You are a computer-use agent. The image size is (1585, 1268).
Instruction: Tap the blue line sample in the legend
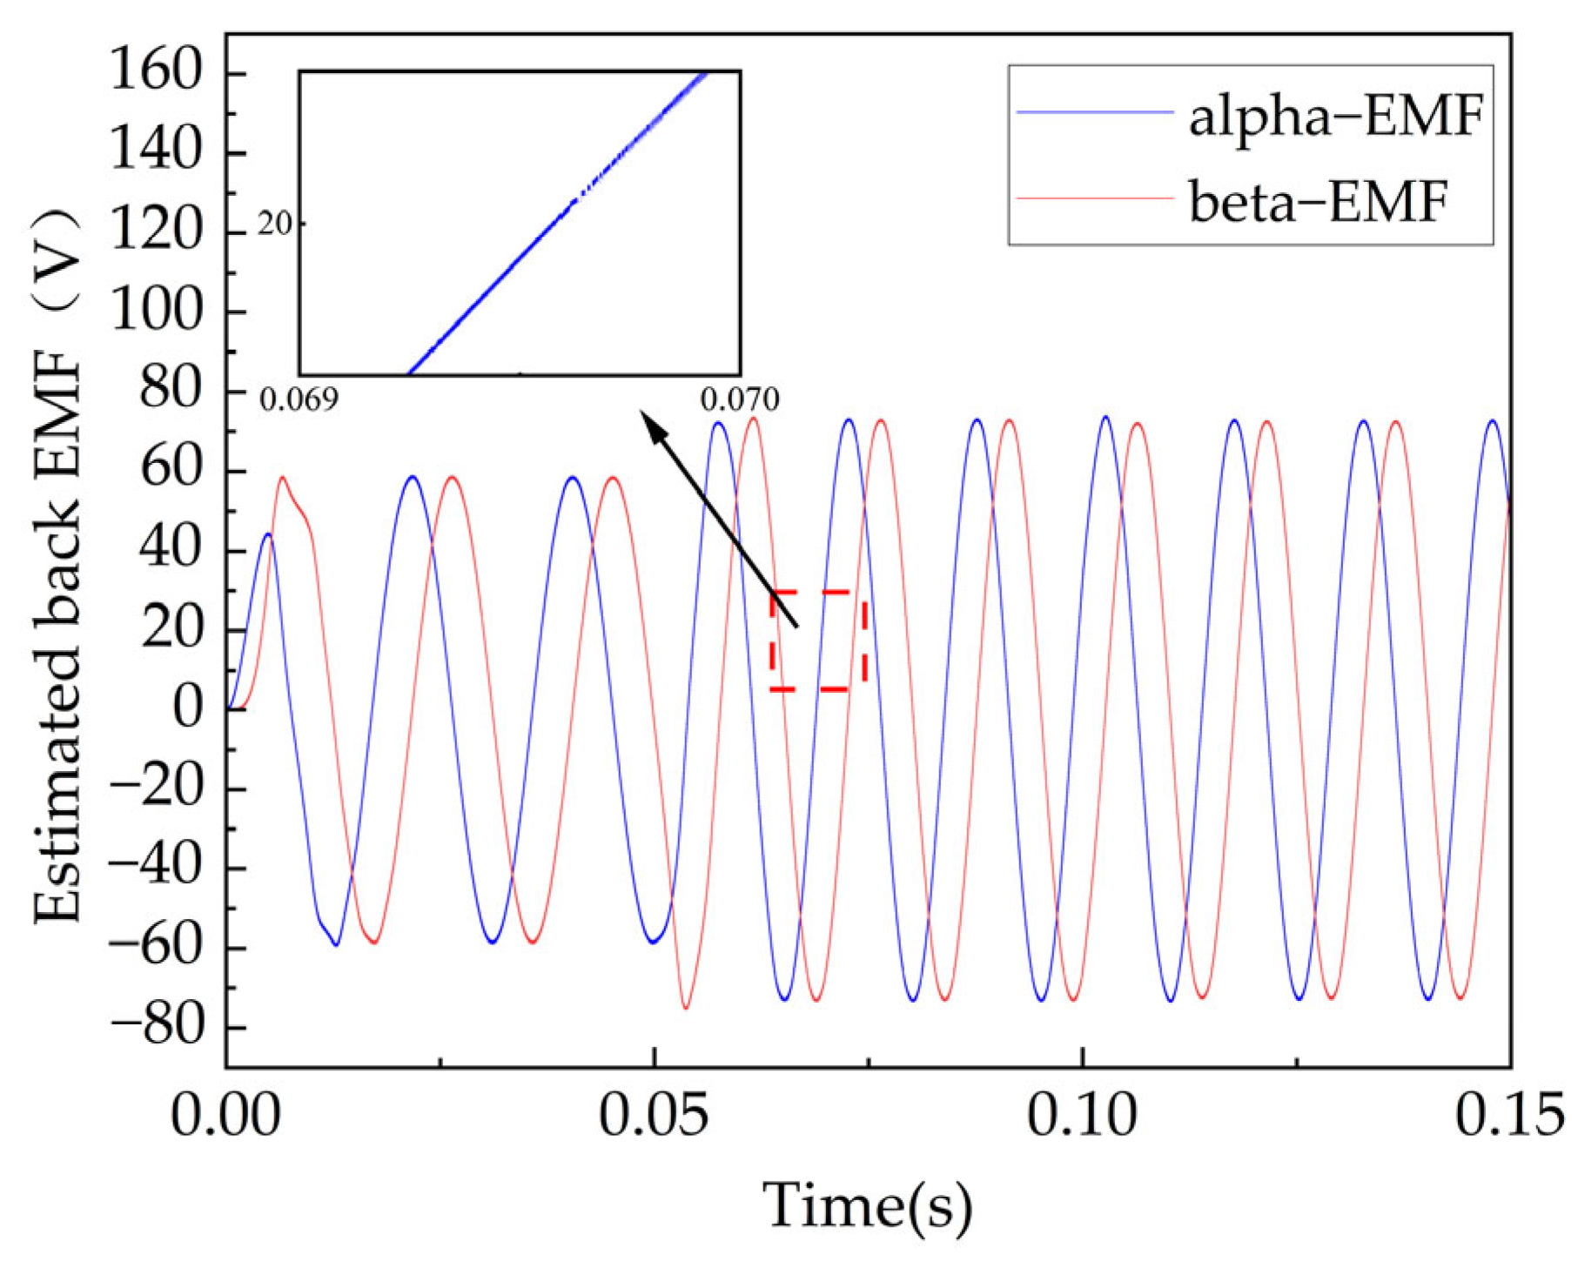[x=1093, y=112]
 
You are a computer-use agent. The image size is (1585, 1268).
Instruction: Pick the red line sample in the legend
[x=1093, y=198]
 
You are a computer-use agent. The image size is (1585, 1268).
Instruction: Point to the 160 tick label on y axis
[x=156, y=71]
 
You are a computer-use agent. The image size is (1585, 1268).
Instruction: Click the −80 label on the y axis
[x=155, y=1028]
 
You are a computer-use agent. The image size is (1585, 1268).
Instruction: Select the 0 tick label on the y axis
[x=187, y=709]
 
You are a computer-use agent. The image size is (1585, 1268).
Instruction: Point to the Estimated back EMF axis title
[x=57, y=566]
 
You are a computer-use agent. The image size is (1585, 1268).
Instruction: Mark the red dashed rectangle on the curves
[x=818, y=641]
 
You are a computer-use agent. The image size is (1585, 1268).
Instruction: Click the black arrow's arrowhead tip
[x=641, y=412]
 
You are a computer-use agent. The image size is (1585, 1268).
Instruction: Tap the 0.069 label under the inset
[x=299, y=399]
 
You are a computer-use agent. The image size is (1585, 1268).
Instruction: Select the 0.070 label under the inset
[x=739, y=399]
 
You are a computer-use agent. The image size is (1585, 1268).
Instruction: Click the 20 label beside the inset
[x=274, y=225]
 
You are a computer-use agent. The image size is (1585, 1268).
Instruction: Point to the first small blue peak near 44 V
[x=268, y=533]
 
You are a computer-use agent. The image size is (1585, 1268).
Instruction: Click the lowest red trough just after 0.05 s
[x=686, y=1009]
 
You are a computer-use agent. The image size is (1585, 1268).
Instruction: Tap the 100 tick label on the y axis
[x=156, y=311]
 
